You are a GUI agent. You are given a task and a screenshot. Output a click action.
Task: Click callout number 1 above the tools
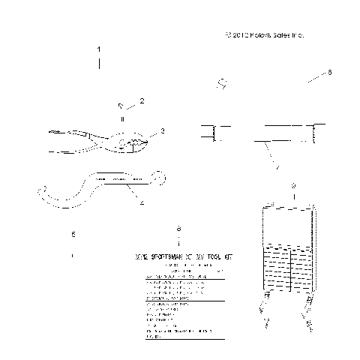[99, 49]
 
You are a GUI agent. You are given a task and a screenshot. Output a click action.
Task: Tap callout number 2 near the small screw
[141, 100]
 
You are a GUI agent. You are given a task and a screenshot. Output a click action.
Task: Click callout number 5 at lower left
[73, 235]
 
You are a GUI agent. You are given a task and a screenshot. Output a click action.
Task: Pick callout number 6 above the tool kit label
[178, 228]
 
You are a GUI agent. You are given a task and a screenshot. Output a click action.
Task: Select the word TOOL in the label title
[213, 256]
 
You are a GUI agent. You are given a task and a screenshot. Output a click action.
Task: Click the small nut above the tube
[221, 83]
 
